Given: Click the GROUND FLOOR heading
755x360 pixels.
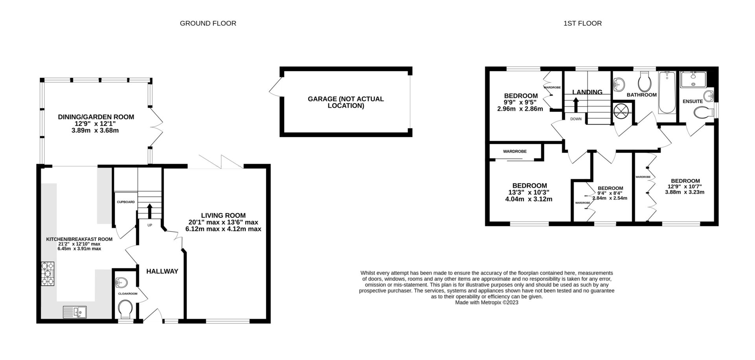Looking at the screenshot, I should pos(208,23).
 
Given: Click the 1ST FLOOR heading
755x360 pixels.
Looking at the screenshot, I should pos(582,23).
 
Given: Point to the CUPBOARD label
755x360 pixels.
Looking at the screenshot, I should pos(125,202).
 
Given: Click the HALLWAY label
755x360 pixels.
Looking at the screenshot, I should pos(162,271).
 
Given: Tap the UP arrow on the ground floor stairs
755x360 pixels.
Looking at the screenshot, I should pos(149,210).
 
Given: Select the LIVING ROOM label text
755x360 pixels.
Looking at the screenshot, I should pos(223,215).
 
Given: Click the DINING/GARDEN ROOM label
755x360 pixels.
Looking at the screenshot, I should pos(96,117).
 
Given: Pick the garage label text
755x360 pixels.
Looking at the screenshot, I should pos(345,102).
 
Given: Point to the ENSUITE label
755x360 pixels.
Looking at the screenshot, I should pos(692,102).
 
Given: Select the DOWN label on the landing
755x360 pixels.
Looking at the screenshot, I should pos(576,118).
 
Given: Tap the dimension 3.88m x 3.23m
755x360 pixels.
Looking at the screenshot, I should pos(684,192).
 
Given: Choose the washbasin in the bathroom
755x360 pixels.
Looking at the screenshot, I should pos(619,84).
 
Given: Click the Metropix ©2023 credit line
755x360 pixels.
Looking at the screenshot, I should pos(486,303).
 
